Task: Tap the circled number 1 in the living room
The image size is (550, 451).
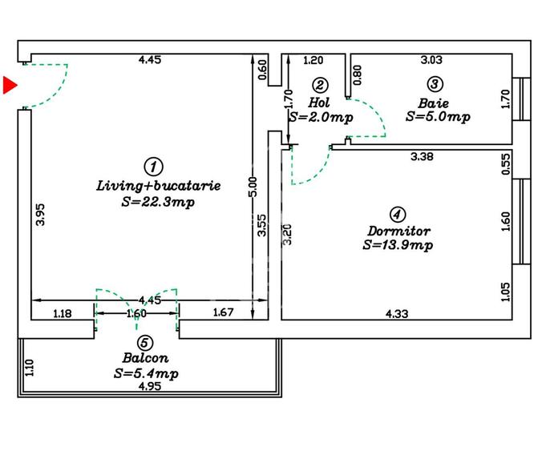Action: [x=153, y=166]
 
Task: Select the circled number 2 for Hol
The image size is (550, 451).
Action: [x=320, y=85]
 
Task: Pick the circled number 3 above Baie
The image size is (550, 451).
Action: [x=434, y=84]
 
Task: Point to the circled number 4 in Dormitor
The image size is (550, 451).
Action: [x=397, y=214]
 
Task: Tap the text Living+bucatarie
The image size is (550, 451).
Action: [x=158, y=185]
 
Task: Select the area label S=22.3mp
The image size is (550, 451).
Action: [x=157, y=202]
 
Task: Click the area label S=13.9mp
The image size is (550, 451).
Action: [x=398, y=245]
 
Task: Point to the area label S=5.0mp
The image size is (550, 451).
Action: [x=437, y=117]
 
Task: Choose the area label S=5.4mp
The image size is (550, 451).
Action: [x=146, y=373]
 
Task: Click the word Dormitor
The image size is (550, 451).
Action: [x=398, y=231]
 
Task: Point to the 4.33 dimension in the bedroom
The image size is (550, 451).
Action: [x=397, y=314]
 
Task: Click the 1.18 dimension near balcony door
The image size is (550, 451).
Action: [x=62, y=313]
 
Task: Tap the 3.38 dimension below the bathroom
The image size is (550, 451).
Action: [x=422, y=157]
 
